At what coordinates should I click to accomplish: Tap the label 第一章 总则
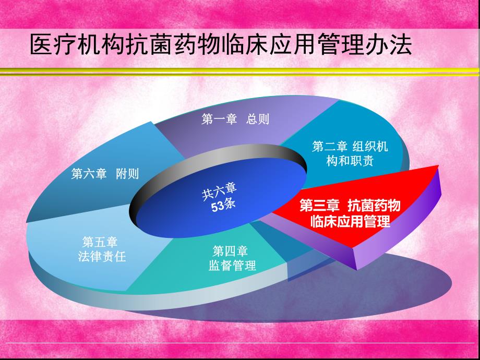click(235, 119)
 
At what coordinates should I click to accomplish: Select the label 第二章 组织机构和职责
click(350, 153)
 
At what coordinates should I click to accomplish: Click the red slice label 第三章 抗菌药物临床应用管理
click(350, 213)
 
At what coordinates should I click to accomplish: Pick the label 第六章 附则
click(105, 174)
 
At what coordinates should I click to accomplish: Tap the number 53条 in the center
click(223, 206)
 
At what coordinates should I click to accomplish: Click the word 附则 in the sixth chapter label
click(127, 174)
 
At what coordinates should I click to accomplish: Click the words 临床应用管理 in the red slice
click(350, 221)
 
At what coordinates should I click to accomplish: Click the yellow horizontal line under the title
click(240, 73)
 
